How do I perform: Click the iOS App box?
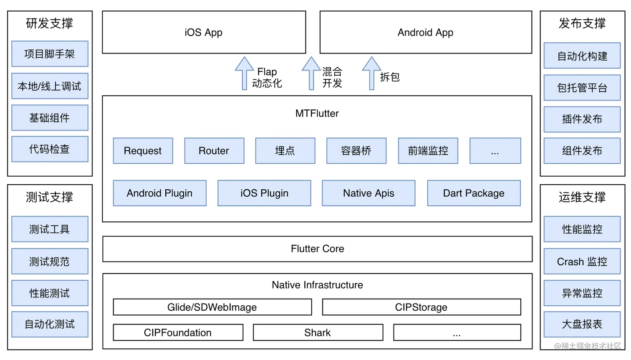[204, 32]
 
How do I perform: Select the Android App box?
[426, 32]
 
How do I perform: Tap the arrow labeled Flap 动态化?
[245, 74]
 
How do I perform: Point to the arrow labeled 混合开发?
[311, 74]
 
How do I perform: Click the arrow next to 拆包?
[371, 74]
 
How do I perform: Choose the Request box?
[143, 150]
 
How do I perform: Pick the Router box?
[214, 150]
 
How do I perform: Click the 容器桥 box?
[356, 150]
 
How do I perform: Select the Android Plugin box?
[159, 193]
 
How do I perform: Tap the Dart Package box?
[474, 193]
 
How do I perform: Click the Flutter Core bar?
[317, 249]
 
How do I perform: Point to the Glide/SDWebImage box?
[212, 307]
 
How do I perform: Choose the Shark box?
[318, 332]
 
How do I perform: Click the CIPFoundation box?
[178, 332]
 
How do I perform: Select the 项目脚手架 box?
[50, 54]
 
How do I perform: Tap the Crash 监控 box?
[582, 261]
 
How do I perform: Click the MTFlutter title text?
[317, 113]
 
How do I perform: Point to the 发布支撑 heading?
[582, 23]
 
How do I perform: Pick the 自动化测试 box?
[50, 324]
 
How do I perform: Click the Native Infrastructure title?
[317, 285]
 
